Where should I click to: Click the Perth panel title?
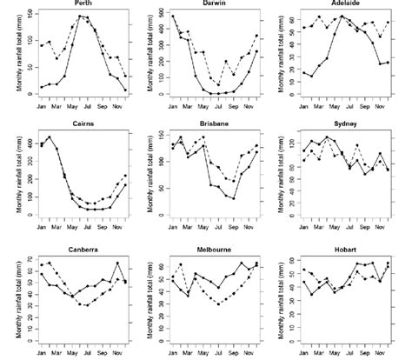click(85, 5)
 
